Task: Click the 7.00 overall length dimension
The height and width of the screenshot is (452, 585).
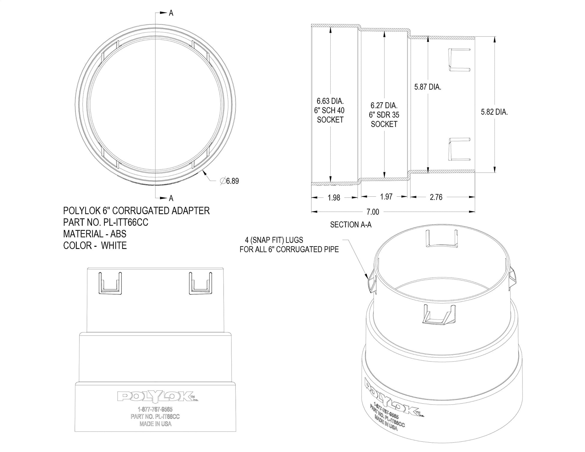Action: coord(373,212)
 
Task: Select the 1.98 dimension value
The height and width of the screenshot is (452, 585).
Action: coord(334,198)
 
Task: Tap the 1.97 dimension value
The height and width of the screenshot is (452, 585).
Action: coord(386,197)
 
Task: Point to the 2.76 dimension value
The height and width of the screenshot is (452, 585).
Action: coord(436,197)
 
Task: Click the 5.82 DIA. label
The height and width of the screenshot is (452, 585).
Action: coord(495,112)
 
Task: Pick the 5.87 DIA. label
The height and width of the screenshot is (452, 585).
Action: coord(428,87)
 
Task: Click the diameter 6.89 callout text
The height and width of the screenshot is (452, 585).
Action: coord(229,181)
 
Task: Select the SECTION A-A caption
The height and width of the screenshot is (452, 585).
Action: coord(351,225)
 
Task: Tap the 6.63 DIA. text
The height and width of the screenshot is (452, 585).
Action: coord(330,101)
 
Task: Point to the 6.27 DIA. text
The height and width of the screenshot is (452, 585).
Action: coord(384,106)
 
